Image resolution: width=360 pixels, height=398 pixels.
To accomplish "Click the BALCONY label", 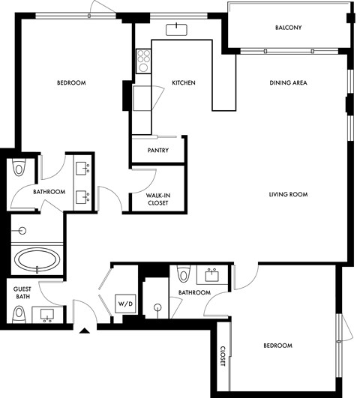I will click(x=289, y=28).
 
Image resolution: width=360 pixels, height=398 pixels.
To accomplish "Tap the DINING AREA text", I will click(x=289, y=82).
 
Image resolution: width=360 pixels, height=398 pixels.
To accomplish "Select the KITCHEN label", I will click(x=184, y=82).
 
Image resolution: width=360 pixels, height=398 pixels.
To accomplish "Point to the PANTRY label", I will click(x=157, y=150).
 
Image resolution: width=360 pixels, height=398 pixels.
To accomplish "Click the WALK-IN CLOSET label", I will click(x=157, y=199).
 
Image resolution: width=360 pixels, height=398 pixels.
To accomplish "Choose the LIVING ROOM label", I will click(x=289, y=195).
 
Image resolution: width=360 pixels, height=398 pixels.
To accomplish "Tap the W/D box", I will click(x=123, y=304).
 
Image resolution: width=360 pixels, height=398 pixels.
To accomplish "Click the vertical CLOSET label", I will click(x=223, y=357).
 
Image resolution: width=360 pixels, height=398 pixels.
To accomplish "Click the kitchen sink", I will click(x=178, y=29).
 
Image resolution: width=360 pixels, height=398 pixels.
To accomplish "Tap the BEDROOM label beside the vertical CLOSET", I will click(x=277, y=346).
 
